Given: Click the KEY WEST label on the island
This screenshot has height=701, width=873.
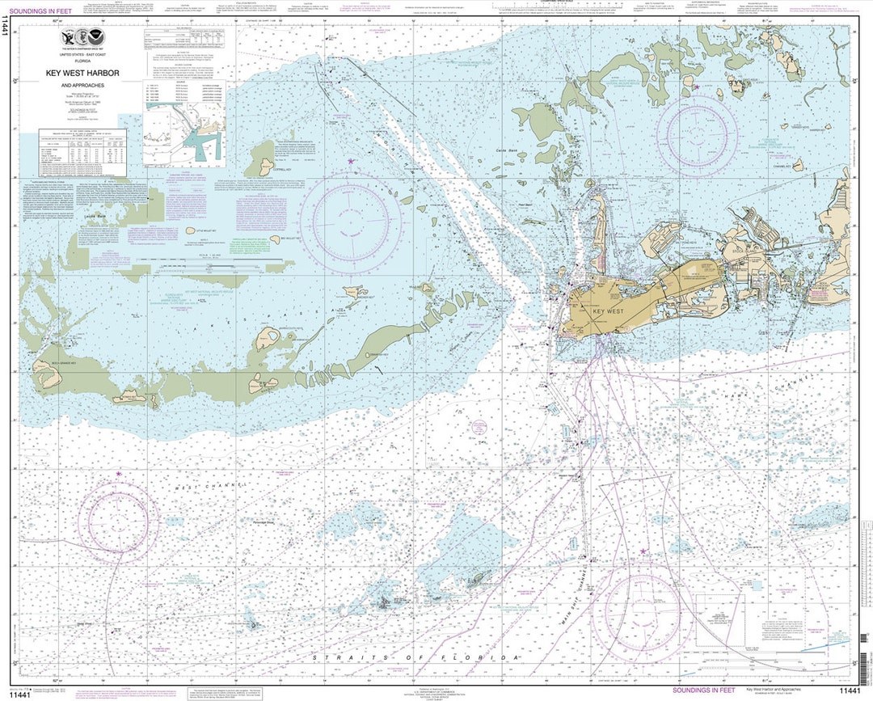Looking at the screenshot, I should (609, 311).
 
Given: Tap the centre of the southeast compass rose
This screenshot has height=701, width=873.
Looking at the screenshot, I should (643, 611).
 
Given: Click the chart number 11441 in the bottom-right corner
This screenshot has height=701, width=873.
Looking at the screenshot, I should (850, 690).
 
